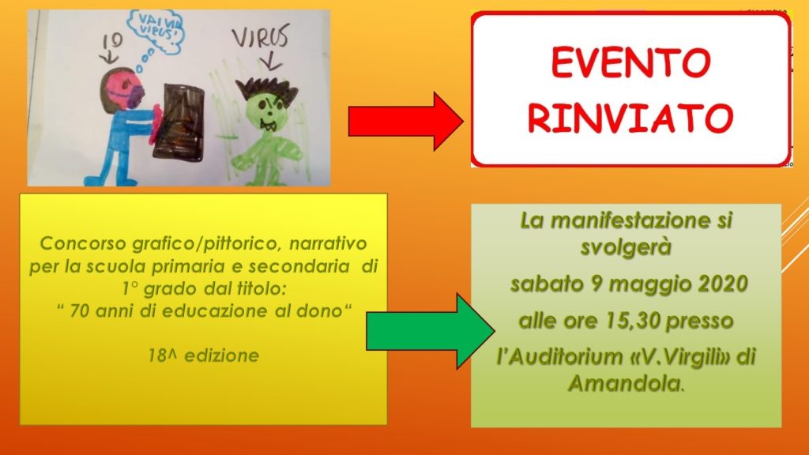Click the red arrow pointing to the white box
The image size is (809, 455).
pos(405,122)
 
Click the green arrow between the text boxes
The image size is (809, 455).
pos(430,331)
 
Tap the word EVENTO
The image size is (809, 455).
pos(630,62)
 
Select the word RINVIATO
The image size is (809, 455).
pos(630,118)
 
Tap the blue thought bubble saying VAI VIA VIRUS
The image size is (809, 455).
pos(156,31)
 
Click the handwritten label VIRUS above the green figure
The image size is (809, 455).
pos(260,36)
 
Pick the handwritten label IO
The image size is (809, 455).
pos(112,41)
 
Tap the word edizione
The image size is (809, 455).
pos(222,355)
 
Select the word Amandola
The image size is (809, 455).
pos(624,383)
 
